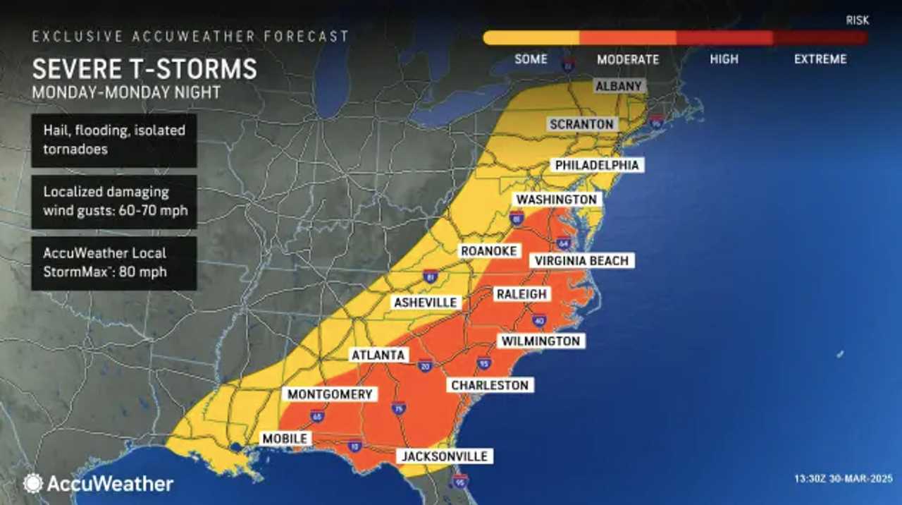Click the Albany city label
619,86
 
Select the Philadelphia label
597,165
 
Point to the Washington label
556,200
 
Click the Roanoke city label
489,251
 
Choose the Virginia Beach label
581,261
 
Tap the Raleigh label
521,294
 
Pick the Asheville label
426,303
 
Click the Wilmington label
540,341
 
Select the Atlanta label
379,355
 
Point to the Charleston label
490,385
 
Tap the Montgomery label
329,394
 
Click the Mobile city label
285,439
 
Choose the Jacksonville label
445,456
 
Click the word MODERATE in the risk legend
628,59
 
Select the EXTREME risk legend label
820,59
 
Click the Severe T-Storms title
144,70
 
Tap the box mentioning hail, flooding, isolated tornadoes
114,140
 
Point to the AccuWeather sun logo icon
33,483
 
